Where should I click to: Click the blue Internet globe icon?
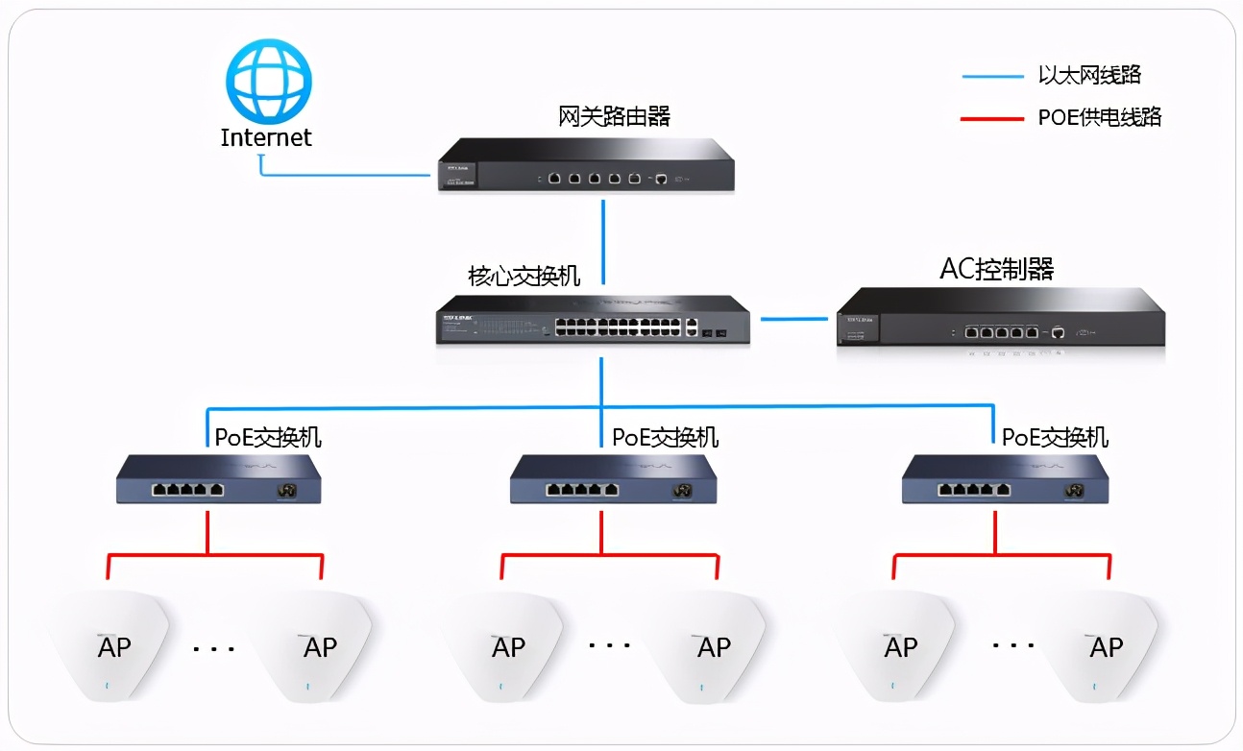point(268,80)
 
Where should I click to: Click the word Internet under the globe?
point(266,137)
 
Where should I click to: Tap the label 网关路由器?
point(614,116)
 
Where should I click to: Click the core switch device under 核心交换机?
point(593,321)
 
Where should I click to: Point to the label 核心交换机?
point(524,277)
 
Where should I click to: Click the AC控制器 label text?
point(996,270)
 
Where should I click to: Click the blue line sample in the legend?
point(991,76)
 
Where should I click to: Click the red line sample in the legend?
point(991,118)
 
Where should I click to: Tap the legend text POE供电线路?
point(1100,117)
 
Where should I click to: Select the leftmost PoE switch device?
point(218,479)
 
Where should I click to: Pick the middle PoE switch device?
point(612,479)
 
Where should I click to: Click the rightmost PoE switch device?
point(1005,479)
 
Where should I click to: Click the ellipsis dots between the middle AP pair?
point(610,646)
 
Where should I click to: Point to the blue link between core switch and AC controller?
point(793,318)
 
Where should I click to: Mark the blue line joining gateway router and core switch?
point(603,240)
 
